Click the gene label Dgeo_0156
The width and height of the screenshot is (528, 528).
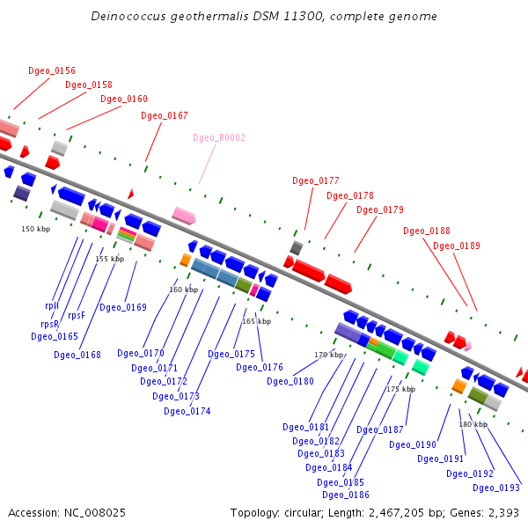[x=52, y=70]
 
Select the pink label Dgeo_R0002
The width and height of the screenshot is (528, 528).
[x=219, y=138]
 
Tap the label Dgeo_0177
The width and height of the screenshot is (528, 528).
[x=316, y=181]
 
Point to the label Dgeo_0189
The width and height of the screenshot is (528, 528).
[x=457, y=246]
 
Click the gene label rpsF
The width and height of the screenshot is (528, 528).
[x=77, y=315]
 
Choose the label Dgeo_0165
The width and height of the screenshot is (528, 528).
[x=55, y=336]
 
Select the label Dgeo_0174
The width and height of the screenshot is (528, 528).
[x=187, y=411]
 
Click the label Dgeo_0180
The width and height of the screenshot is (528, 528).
[x=290, y=381]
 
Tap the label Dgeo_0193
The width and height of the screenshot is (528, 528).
[x=496, y=488]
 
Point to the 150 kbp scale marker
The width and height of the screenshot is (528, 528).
[x=36, y=229]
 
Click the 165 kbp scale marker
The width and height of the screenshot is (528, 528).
[x=257, y=321]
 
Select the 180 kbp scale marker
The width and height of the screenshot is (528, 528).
[x=473, y=424]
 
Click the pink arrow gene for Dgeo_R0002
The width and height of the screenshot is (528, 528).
[x=184, y=215]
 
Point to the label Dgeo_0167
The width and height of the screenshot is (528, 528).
[x=165, y=116]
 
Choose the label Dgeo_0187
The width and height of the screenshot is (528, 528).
[x=380, y=430]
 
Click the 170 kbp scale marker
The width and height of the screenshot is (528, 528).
[x=328, y=355]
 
